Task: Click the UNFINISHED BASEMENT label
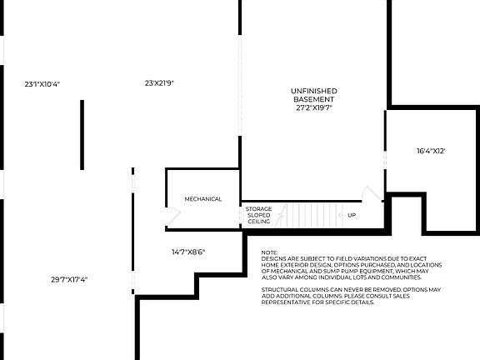[313, 95]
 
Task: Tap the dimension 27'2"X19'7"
[313, 107]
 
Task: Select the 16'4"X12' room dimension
[431, 151]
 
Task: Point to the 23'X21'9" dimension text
[158, 82]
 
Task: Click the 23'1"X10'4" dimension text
[42, 84]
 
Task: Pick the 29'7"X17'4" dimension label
[69, 279]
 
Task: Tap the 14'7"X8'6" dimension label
[188, 251]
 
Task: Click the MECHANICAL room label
[203, 199]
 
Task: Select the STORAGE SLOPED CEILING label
[258, 215]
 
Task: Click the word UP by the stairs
[352, 215]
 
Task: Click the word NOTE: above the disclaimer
[269, 252]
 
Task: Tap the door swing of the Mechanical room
[174, 217]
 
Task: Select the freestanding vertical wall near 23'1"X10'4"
[82, 123]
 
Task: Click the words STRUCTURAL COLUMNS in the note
[292, 289]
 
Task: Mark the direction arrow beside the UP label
[340, 215]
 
